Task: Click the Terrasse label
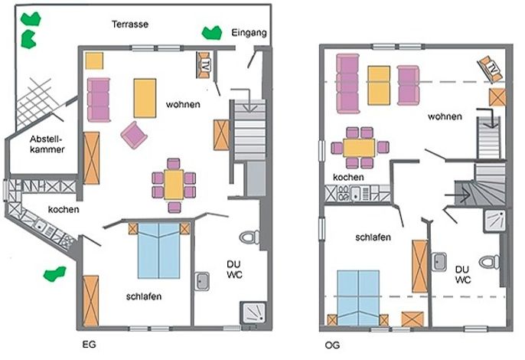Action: pos(130,25)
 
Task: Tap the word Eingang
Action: pos(249,33)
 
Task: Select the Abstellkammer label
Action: pos(47,144)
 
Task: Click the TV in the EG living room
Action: pos(203,65)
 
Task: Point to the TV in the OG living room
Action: pos(491,70)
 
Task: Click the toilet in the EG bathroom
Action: pos(249,237)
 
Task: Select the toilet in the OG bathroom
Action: pos(490,262)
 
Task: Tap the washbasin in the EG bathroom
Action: pos(202,281)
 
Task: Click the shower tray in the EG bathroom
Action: pos(254,313)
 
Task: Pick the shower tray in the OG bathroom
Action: pos(494,221)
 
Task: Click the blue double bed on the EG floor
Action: pos(158,250)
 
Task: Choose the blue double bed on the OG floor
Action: pos(358,298)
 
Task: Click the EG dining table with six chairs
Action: pos(174,185)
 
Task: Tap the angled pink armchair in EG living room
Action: pos(134,135)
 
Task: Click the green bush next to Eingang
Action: pos(211,33)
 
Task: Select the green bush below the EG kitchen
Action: pos(54,273)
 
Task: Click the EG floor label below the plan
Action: pos(89,344)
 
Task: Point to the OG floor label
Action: pos(332,345)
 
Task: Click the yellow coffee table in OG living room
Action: pos(379,86)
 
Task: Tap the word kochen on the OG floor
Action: pos(348,177)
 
